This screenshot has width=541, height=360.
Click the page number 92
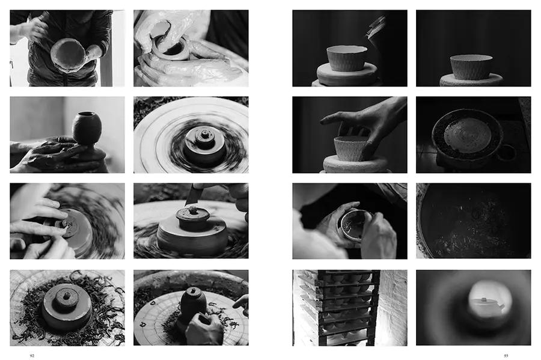coord(32,356)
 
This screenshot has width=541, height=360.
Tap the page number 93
coord(506,356)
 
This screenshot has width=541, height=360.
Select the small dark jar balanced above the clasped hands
coord(87,127)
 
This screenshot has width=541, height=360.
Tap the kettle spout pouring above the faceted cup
coord(374,28)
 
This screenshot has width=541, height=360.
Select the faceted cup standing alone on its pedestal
coord(471,67)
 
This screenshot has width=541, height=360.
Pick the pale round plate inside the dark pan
coord(468,135)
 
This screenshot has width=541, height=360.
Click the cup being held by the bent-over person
coord(355,225)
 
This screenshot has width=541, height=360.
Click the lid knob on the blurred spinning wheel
coord(205,133)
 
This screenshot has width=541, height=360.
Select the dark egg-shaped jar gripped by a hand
coord(193,301)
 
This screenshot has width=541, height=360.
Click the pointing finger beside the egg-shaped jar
coord(241,302)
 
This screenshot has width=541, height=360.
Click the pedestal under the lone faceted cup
coord(471,81)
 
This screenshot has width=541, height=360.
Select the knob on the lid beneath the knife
coord(192,210)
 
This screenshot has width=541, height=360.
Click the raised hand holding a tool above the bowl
coord(34,29)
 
